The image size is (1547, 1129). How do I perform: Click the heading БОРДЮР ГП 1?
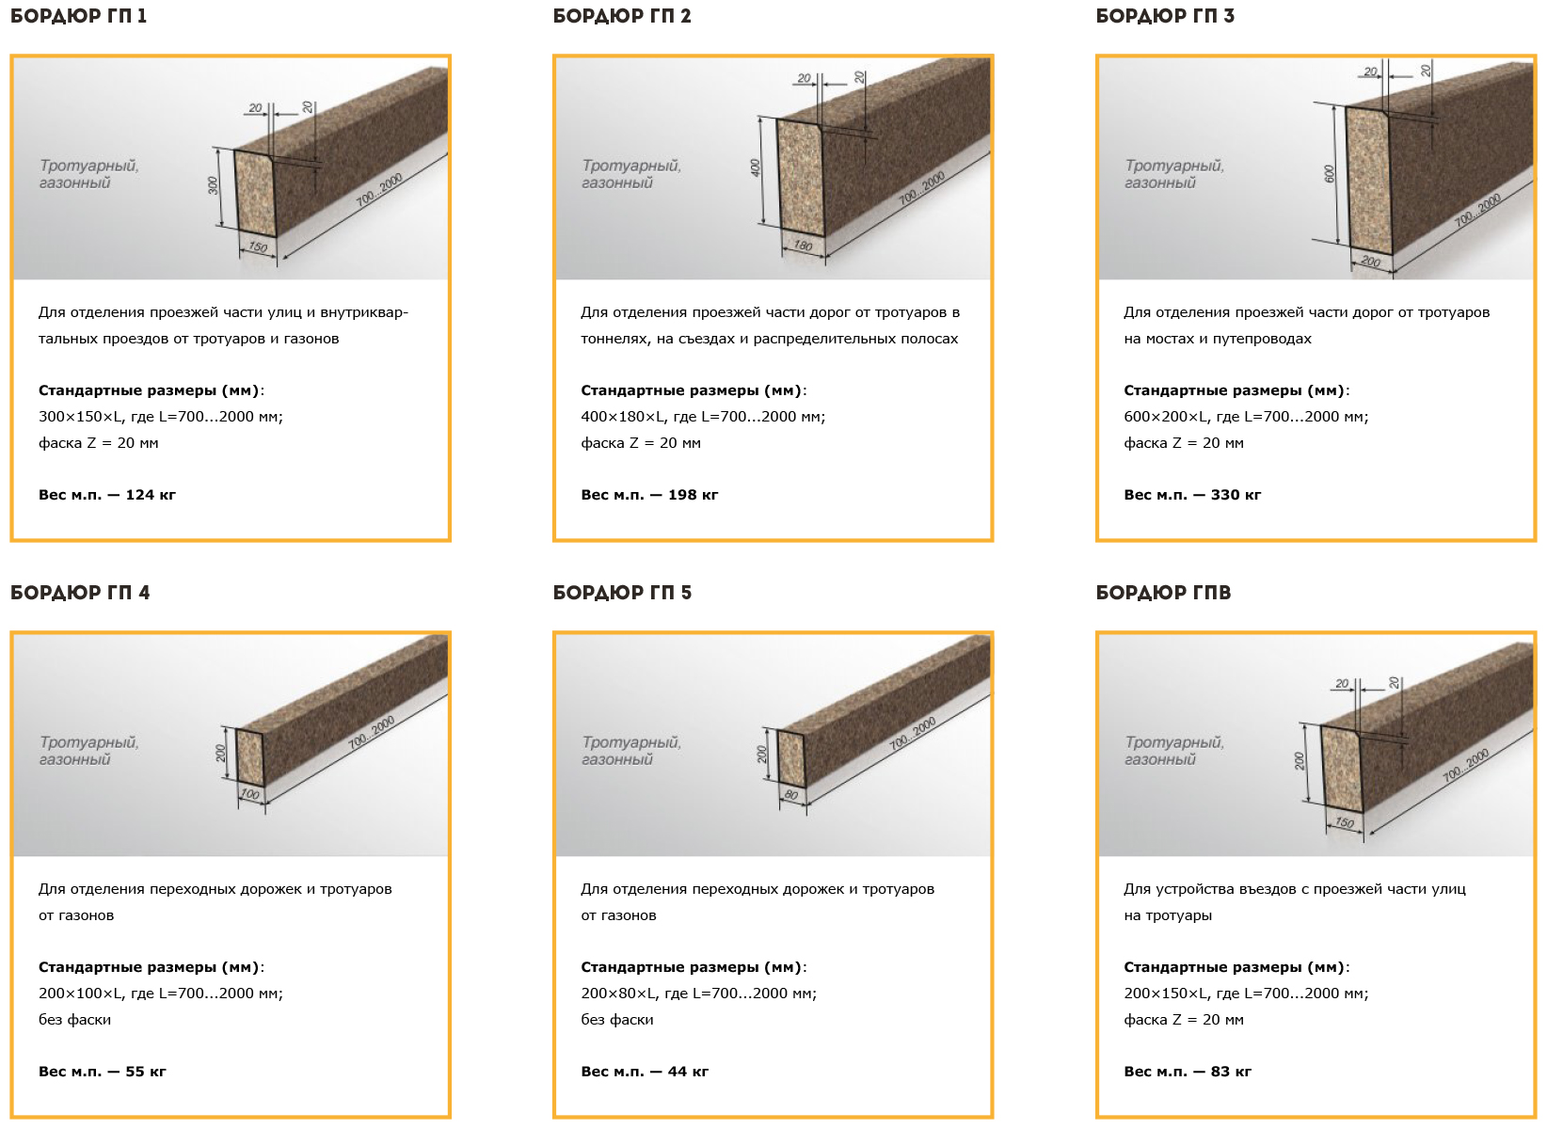click(x=78, y=16)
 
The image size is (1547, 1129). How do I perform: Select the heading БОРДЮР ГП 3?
click(x=1165, y=16)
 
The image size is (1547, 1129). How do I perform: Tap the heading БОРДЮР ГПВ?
click(x=1163, y=593)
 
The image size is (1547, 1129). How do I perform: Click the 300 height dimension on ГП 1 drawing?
click(x=213, y=185)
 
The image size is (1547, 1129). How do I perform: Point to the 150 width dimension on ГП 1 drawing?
click(x=258, y=246)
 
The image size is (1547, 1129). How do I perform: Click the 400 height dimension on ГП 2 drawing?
click(x=756, y=167)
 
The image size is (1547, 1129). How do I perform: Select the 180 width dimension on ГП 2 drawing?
click(x=803, y=246)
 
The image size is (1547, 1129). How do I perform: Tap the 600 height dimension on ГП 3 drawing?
click(x=1330, y=173)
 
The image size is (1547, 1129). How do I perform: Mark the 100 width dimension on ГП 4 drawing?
click(x=250, y=794)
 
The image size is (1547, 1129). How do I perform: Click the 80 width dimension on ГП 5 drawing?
click(x=791, y=795)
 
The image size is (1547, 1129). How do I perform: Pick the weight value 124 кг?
click(x=151, y=495)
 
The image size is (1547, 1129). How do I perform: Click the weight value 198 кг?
click(x=693, y=495)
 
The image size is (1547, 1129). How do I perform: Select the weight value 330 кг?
click(x=1236, y=495)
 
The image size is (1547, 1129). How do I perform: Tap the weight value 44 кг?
click(x=688, y=1072)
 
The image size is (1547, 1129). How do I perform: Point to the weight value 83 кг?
click(x=1231, y=1072)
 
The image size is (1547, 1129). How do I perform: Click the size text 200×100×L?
click(x=82, y=994)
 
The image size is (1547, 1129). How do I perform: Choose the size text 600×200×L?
click(x=1167, y=417)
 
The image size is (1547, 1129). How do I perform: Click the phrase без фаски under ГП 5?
click(x=616, y=1020)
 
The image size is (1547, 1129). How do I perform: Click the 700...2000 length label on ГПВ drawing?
click(x=1465, y=765)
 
